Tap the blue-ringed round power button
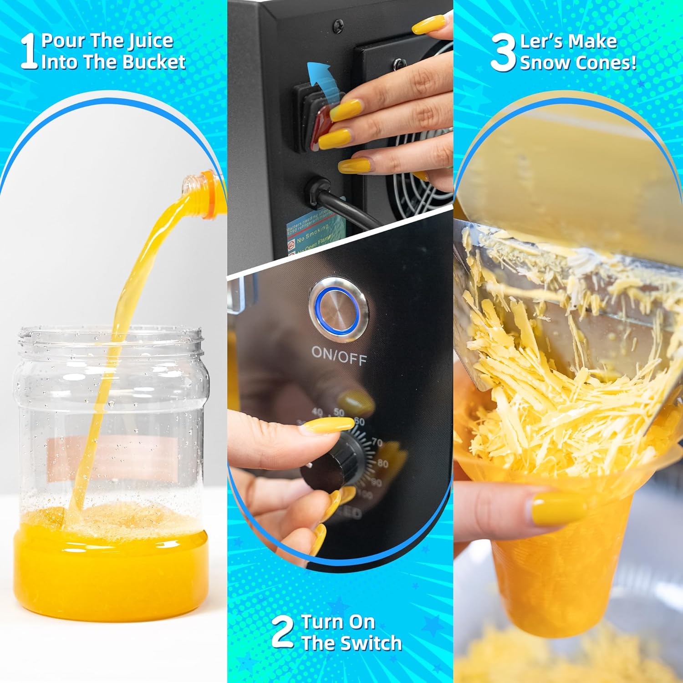coord(338,306)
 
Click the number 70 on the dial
coord(377,442)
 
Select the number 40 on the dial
coord(318,413)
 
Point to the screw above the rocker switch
coord(338,22)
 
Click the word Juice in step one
coord(150,41)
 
